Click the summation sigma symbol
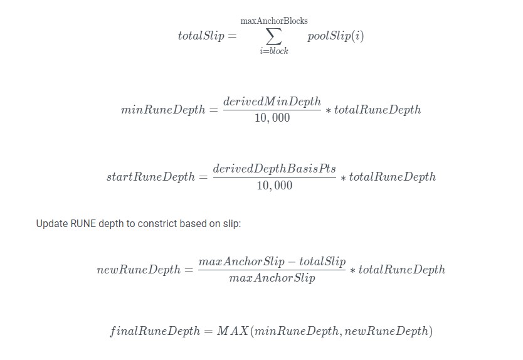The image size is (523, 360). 274,36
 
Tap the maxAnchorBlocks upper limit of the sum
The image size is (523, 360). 274,21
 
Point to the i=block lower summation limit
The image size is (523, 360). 274,51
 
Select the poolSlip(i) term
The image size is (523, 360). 335,36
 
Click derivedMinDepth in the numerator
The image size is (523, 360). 272,102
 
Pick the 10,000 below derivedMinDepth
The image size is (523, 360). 272,117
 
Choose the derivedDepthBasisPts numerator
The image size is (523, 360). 274,169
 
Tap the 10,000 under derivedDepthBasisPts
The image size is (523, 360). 274,185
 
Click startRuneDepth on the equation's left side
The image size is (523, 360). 151,176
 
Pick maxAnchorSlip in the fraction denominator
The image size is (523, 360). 272,278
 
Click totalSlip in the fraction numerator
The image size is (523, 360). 322,262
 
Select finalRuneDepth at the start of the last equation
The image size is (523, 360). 155,331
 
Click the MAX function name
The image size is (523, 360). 233,331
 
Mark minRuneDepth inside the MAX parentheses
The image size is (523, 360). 296,331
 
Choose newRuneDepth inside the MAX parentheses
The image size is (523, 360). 386,331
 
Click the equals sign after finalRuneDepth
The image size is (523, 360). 208,331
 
